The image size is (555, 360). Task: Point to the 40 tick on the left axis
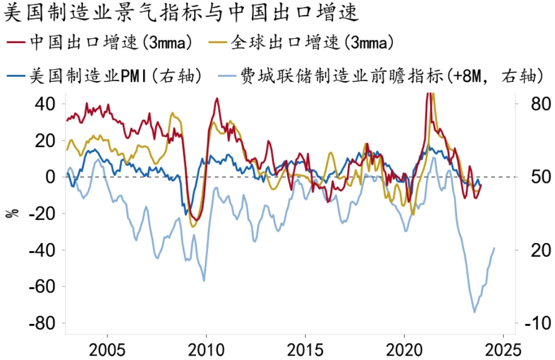click(x=46, y=103)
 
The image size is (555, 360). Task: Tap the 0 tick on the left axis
click(x=52, y=177)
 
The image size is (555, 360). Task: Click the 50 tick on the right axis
click(x=525, y=177)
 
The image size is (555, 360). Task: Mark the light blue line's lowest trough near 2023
click(x=474, y=312)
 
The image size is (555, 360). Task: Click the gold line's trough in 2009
click(x=193, y=226)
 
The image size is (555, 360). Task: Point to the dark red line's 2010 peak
click(x=217, y=99)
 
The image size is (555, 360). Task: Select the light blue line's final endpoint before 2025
click(x=495, y=248)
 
